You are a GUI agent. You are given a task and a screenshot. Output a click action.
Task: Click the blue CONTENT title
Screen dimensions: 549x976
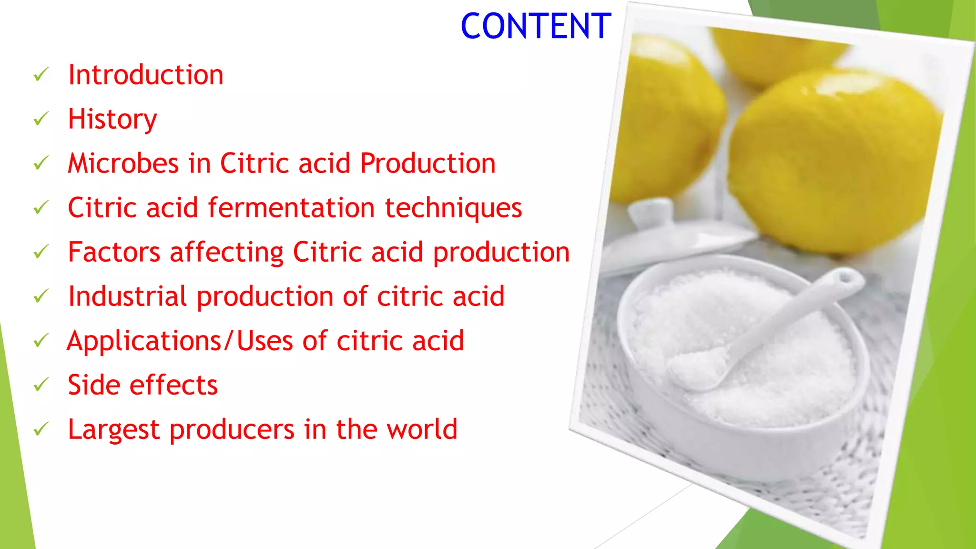click(x=536, y=26)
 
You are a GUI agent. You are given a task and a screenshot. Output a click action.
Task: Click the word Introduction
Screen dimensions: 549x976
click(x=146, y=75)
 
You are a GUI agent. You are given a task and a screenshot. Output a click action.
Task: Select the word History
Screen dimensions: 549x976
click(x=112, y=119)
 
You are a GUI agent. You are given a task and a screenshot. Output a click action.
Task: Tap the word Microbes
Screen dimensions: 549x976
click(x=123, y=163)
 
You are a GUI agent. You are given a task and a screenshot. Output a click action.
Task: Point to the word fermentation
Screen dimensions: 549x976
click(x=291, y=208)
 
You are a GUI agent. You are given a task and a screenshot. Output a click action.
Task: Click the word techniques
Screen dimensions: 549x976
click(x=453, y=209)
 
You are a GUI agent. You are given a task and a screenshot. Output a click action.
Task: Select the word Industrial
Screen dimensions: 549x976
click(x=127, y=296)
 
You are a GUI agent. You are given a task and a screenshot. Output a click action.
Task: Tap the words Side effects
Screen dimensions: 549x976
click(x=143, y=385)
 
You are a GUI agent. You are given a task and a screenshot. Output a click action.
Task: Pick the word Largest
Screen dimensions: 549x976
click(x=113, y=430)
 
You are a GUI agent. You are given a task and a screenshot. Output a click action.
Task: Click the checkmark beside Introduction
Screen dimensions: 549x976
click(x=41, y=75)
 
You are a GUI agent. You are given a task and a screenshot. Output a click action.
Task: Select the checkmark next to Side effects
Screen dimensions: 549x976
click(x=41, y=385)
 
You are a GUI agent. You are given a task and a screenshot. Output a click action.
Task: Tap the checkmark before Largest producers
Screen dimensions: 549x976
click(x=41, y=429)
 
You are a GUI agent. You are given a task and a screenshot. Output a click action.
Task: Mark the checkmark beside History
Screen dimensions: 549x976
click(x=41, y=119)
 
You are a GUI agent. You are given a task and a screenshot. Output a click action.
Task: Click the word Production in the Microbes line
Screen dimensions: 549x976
click(x=427, y=163)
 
